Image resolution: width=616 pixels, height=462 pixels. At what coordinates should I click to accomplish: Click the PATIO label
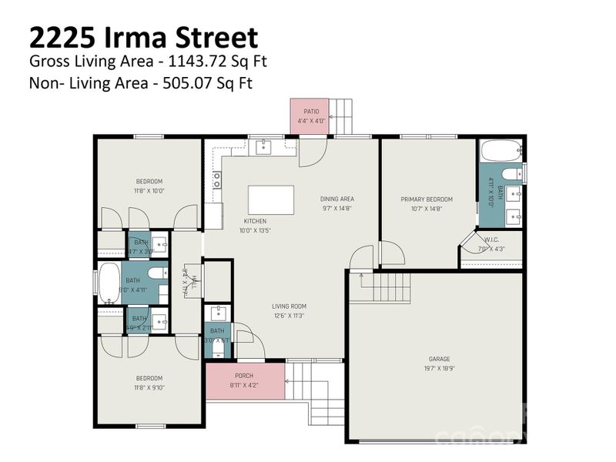click(x=310, y=112)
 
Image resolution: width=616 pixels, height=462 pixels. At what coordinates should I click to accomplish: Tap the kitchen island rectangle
click(x=270, y=200)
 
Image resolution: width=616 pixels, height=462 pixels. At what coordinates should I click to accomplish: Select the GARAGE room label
click(x=440, y=359)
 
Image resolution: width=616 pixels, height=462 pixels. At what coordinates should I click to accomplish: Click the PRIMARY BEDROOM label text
click(x=427, y=199)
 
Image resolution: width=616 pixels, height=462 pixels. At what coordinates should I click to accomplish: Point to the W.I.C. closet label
click(x=492, y=239)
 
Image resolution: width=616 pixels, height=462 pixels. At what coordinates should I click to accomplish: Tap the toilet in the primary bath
click(x=511, y=172)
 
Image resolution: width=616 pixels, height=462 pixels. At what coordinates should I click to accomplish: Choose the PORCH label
click(x=244, y=376)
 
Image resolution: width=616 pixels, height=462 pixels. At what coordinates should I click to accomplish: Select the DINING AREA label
click(x=337, y=199)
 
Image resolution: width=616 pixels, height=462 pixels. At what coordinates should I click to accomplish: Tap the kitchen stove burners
click(x=217, y=180)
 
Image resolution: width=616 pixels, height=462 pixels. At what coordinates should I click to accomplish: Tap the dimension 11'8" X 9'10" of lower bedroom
click(x=149, y=387)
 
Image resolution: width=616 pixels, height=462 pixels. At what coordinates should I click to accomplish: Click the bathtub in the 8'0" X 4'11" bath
click(x=109, y=283)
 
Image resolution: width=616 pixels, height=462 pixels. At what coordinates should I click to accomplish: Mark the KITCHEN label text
click(x=255, y=221)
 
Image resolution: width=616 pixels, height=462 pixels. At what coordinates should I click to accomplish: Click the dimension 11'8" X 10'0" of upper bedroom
click(x=149, y=190)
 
